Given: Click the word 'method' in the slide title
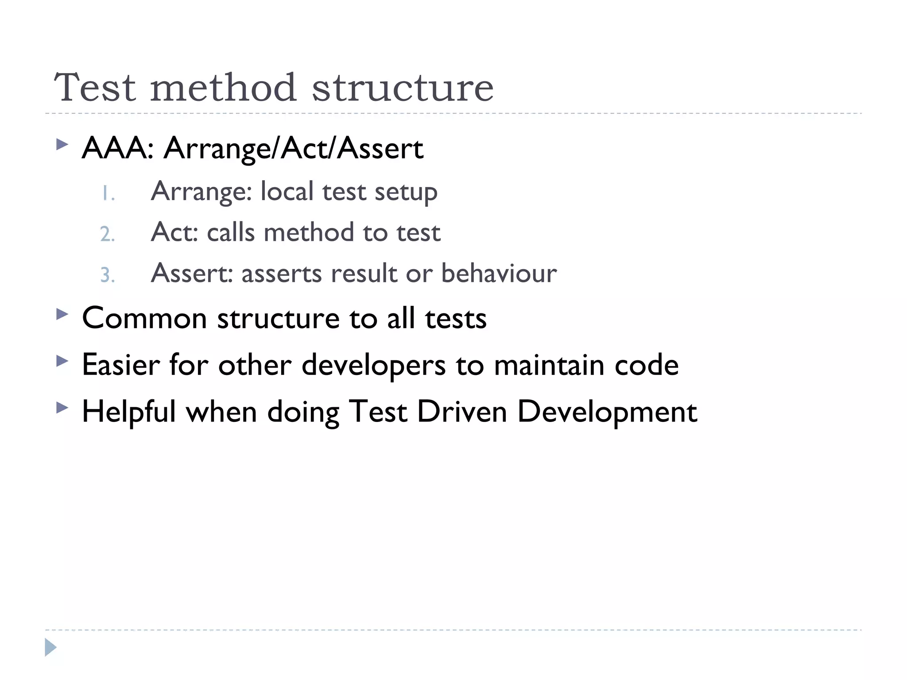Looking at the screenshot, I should (223, 87).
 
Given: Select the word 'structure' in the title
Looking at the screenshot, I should (403, 87).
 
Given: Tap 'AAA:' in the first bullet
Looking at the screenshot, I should (117, 148).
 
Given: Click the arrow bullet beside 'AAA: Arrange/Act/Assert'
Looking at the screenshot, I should (62, 144).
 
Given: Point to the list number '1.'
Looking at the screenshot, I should (108, 193).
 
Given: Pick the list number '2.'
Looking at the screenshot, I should (107, 234).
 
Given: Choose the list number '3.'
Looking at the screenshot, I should (107, 275).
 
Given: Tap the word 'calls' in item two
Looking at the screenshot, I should (231, 232).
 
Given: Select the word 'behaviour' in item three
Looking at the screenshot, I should (499, 273).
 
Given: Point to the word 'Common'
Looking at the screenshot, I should (144, 318).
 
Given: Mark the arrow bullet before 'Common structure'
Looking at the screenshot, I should (62, 315).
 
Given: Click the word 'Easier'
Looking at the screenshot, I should (121, 365).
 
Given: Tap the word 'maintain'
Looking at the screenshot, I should (549, 365).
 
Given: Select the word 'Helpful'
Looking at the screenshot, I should (129, 412).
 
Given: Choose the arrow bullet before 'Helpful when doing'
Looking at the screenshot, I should (62, 408).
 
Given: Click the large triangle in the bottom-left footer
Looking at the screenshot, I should (50, 647).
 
